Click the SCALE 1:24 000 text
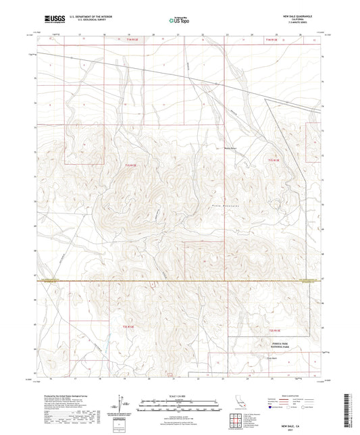click(180, 395)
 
